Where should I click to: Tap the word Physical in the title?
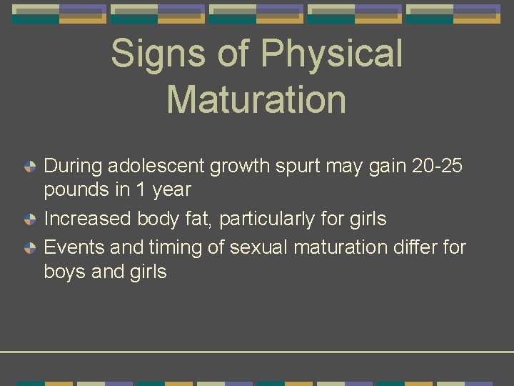332,55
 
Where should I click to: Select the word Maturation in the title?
256,99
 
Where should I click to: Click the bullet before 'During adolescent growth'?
31,167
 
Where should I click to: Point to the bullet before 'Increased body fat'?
31,219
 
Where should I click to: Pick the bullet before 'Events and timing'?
31,248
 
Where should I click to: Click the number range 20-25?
438,166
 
